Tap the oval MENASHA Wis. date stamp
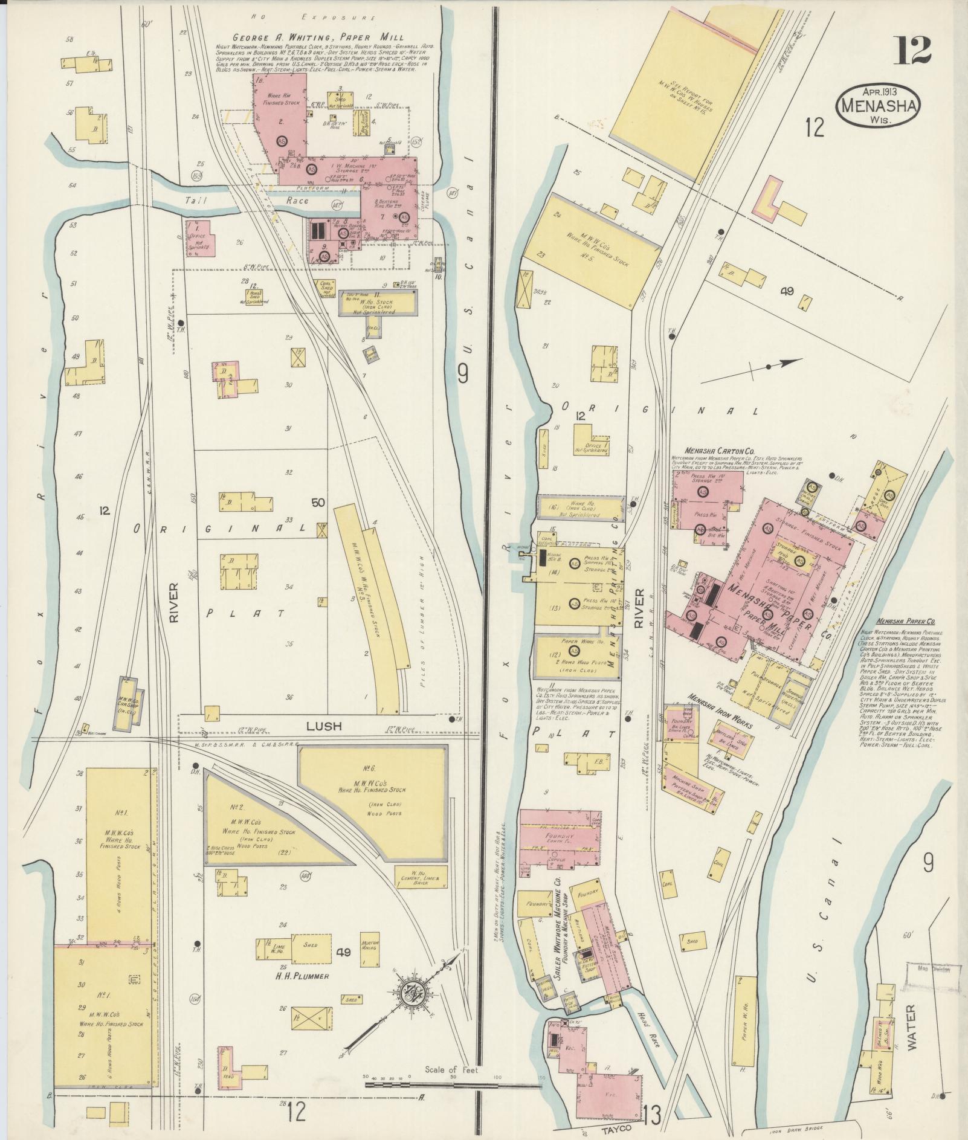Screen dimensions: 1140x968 (x=879, y=105)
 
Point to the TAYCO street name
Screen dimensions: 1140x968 (x=615, y=1128)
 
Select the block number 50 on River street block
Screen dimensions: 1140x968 (x=318, y=503)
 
